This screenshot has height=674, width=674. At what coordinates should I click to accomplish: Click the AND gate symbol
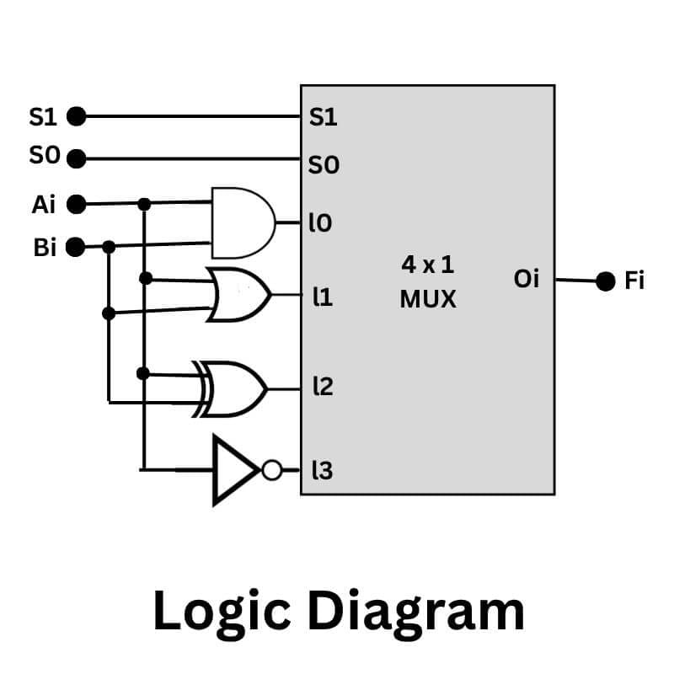click(x=243, y=223)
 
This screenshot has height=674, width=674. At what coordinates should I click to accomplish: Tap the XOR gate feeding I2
click(x=237, y=389)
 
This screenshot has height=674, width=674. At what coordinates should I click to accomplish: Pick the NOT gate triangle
click(x=235, y=470)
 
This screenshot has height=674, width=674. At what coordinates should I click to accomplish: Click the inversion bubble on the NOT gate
click(x=271, y=470)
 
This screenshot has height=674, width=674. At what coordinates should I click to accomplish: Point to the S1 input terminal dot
click(x=76, y=116)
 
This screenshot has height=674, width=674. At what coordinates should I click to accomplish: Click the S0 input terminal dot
click(x=76, y=158)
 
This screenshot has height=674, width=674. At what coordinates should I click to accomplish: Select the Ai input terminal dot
click(x=76, y=203)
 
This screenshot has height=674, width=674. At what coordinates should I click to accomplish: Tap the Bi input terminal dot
click(x=76, y=248)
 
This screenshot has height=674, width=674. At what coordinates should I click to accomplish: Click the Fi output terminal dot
click(x=605, y=281)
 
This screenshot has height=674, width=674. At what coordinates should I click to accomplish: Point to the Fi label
click(x=634, y=281)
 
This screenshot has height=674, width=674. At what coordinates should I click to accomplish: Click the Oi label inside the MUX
click(x=526, y=278)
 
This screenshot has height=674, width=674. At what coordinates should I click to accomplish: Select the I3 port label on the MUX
click(x=322, y=471)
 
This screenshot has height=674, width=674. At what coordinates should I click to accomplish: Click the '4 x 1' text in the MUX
click(x=427, y=265)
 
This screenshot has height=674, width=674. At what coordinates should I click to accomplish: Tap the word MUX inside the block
click(x=428, y=298)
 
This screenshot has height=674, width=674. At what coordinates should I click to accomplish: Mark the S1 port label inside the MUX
click(x=324, y=117)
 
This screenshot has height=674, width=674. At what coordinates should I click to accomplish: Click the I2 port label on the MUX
click(x=322, y=388)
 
